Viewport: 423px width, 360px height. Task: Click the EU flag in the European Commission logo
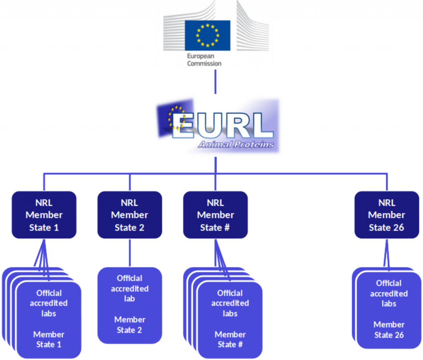click(x=207, y=35)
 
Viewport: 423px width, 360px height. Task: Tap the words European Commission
click(x=204, y=60)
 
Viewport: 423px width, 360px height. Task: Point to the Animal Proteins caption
click(x=235, y=144)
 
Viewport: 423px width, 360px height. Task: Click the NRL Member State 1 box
click(x=44, y=215)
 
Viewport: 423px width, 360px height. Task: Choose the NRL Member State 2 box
click(x=129, y=215)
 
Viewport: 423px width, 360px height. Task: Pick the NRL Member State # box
click(x=215, y=215)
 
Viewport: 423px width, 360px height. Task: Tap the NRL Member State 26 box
click(x=386, y=215)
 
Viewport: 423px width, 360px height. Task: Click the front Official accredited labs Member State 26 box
click(x=389, y=310)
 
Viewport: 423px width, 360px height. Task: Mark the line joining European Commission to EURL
click(x=215, y=81)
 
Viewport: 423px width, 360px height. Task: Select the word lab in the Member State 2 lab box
click(x=129, y=298)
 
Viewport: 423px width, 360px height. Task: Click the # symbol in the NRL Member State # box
click(x=226, y=228)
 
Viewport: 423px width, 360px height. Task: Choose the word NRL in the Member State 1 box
click(x=44, y=203)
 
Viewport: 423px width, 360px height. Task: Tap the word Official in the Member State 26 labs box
click(x=389, y=284)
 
